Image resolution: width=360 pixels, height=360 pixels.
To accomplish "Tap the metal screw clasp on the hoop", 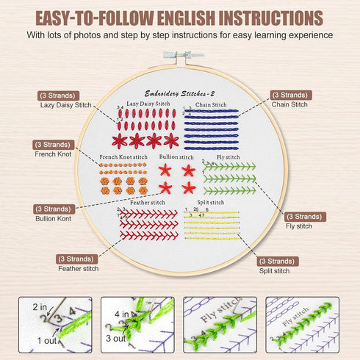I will coord(180,54).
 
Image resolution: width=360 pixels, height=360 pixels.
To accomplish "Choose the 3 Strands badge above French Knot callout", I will coord(53,145).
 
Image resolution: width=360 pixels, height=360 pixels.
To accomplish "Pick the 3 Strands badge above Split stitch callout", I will coord(278,261).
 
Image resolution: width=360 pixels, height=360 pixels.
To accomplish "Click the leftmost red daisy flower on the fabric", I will coord(120,140).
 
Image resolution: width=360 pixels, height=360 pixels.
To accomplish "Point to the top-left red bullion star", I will coord(165,170).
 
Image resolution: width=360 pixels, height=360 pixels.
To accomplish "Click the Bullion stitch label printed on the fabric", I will coord(176,156).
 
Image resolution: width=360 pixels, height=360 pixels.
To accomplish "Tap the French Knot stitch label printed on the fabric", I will coord(123,156).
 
